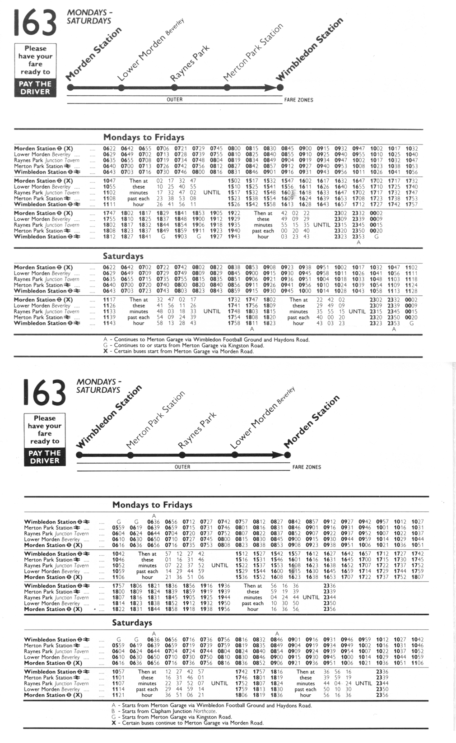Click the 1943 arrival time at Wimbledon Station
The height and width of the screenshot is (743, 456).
(x=234, y=237)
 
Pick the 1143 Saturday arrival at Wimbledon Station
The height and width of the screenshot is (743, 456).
(x=109, y=323)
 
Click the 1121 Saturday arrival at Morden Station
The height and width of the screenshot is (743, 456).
(x=118, y=695)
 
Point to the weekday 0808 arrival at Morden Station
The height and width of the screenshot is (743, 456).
(x=224, y=545)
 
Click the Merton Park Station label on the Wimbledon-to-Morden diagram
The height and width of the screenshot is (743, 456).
(x=156, y=420)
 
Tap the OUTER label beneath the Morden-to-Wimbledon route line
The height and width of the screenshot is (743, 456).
(x=175, y=100)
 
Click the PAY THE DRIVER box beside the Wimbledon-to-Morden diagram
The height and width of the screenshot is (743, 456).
(x=45, y=457)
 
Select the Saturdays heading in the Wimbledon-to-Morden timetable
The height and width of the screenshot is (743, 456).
(x=132, y=622)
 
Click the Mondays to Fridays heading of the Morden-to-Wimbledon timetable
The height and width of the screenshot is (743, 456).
(x=144, y=137)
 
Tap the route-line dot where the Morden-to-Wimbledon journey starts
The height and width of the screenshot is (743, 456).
(x=70, y=88)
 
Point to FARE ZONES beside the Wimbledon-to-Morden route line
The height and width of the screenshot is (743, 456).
(x=307, y=467)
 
